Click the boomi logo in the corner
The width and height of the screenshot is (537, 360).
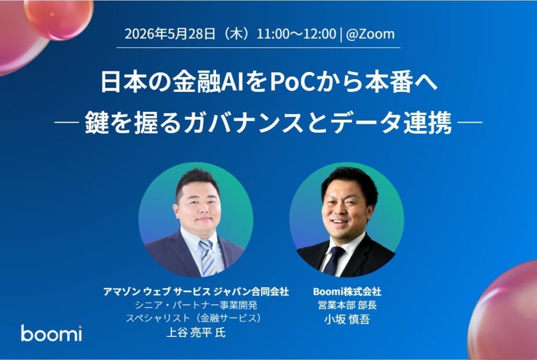(51, 333)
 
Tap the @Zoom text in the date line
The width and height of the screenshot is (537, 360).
(370, 34)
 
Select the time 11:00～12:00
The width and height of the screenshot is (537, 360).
(296, 34)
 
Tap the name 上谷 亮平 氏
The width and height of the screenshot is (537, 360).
(196, 332)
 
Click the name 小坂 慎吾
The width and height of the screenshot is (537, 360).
(347, 319)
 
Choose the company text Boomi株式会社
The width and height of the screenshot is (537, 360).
(347, 291)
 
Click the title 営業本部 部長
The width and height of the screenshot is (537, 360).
(347, 305)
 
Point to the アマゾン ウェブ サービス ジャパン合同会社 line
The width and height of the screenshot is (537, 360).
(196, 291)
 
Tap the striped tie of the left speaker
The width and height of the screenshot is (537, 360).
(207, 257)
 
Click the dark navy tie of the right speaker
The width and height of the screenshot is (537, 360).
(334, 260)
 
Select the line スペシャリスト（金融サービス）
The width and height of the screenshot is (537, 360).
(196, 319)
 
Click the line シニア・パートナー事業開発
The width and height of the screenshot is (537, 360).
(196, 305)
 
